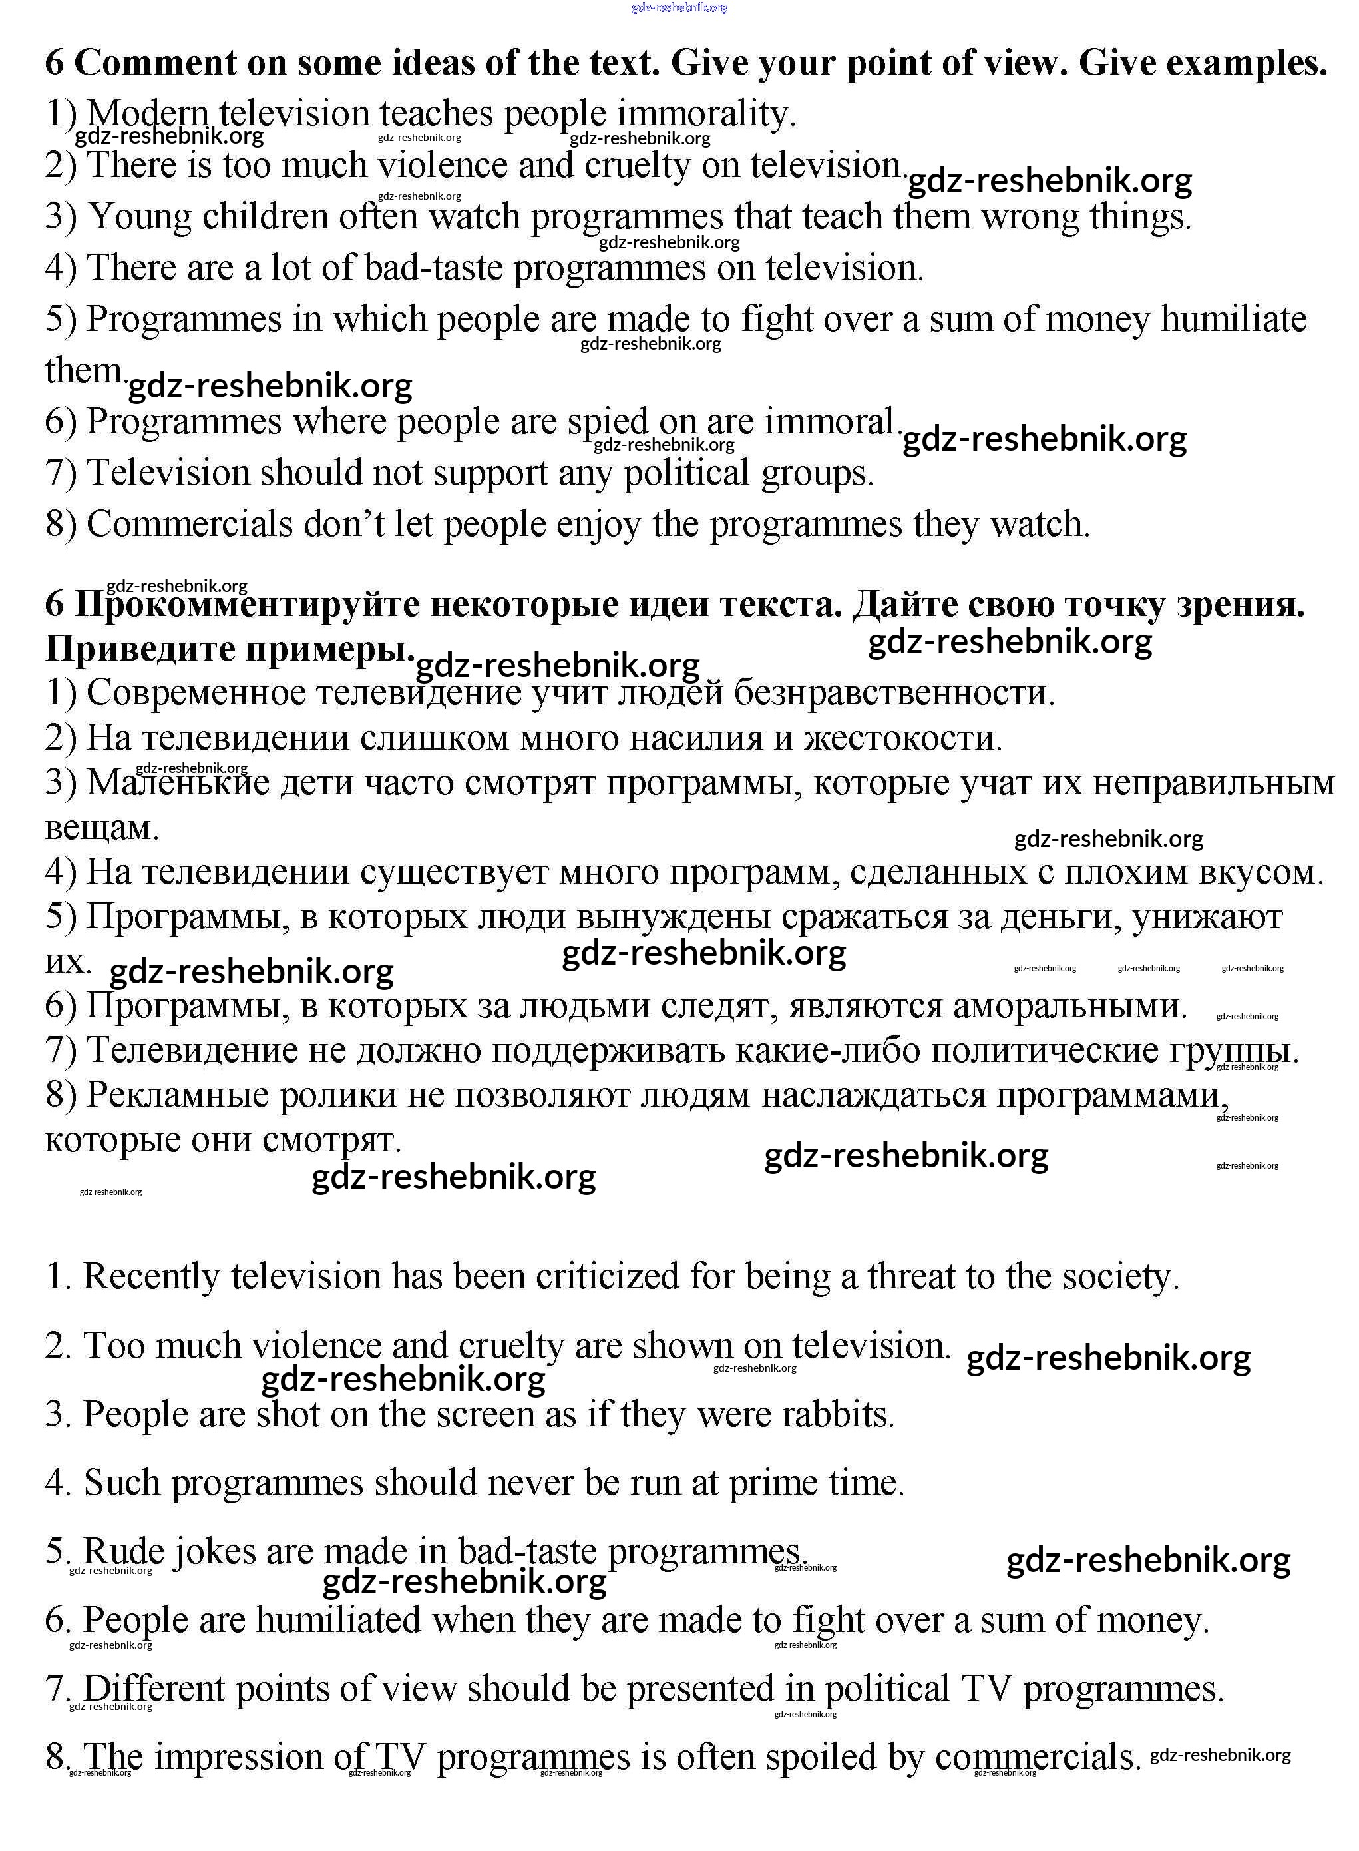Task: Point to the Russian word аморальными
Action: point(1070,1006)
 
